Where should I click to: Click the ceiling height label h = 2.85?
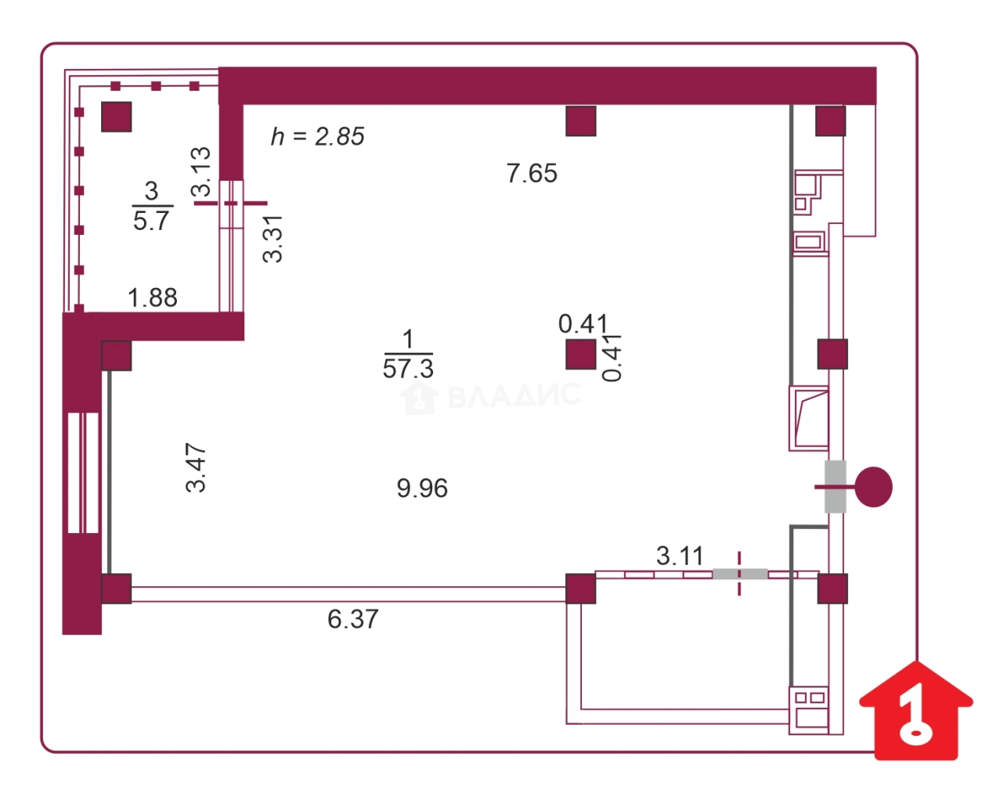(317, 137)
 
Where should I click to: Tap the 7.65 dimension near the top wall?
(532, 173)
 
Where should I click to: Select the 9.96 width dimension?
(422, 488)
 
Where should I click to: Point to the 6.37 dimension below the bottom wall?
(352, 620)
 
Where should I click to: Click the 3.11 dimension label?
(680, 557)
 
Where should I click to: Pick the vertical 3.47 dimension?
(196, 467)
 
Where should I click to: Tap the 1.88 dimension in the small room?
(152, 297)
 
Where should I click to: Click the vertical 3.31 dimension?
(273, 239)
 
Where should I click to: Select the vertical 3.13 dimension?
(201, 171)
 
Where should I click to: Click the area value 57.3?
(408, 368)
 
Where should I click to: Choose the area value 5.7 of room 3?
(151, 222)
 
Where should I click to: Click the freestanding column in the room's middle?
(581, 354)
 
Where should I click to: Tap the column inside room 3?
(117, 117)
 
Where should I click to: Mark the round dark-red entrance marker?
(873, 487)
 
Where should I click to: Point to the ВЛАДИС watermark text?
(513, 396)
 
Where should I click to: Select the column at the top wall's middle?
(581, 121)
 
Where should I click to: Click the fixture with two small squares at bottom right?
(810, 708)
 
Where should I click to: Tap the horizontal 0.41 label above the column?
(583, 323)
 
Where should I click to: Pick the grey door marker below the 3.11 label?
(739, 574)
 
